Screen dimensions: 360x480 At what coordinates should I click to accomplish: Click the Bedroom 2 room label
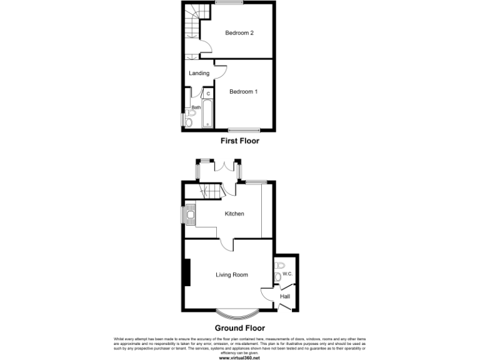pyautogui.click(x=239, y=33)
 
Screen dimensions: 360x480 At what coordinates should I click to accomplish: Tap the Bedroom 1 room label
pyautogui.click(x=243, y=92)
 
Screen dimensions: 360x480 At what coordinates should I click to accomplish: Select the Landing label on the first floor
pyautogui.click(x=199, y=73)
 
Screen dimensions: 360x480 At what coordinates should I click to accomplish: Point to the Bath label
pyautogui.click(x=196, y=107)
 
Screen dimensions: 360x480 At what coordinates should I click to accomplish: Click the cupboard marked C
pyautogui.click(x=208, y=94)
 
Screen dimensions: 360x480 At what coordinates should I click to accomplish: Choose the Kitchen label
pyautogui.click(x=234, y=214)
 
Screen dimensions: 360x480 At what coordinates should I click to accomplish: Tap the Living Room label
pyautogui.click(x=232, y=274)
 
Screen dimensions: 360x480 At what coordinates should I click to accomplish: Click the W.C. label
pyautogui.click(x=288, y=274)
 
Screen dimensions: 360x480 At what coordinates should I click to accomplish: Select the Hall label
pyautogui.click(x=285, y=296)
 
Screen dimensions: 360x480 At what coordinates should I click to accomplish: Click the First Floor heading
pyautogui.click(x=239, y=141)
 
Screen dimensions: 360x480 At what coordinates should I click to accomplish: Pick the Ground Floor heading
pyautogui.click(x=239, y=327)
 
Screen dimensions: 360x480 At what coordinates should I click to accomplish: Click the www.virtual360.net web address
pyautogui.click(x=239, y=358)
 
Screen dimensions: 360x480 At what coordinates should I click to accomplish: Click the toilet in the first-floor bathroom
pyautogui.click(x=189, y=122)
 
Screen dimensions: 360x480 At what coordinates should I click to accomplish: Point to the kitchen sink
pyautogui.click(x=190, y=214)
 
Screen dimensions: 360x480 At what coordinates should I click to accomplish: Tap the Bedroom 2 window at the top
pyautogui.click(x=229, y=4)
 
